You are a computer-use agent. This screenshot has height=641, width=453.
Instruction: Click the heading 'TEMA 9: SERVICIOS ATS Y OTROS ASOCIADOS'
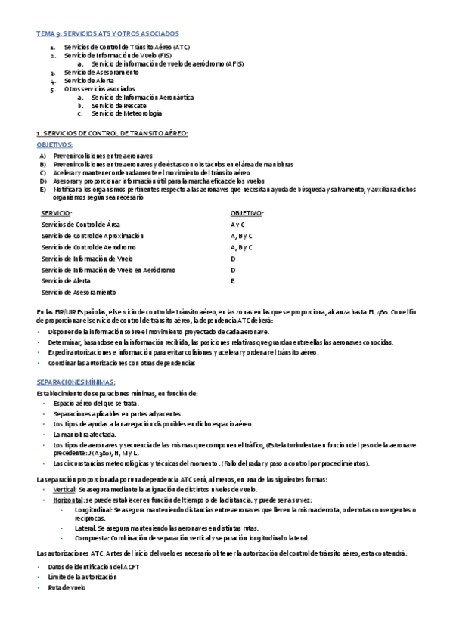pyautogui.click(x=107, y=34)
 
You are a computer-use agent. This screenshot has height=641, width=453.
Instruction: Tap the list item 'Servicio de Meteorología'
pyautogui.click(x=125, y=113)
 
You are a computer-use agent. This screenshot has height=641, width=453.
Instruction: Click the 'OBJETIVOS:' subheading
pyautogui.click(x=54, y=144)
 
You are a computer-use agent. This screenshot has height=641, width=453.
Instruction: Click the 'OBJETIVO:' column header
pyautogui.click(x=247, y=214)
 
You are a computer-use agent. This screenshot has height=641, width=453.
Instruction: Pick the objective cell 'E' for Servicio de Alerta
pyautogui.click(x=233, y=280)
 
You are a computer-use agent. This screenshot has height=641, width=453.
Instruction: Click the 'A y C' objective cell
pyautogui.click(x=237, y=225)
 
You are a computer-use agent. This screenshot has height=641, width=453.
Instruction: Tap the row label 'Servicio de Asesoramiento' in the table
pyautogui.click(x=79, y=292)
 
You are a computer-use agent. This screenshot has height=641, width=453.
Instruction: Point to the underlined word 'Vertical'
pyautogui.click(x=65, y=469)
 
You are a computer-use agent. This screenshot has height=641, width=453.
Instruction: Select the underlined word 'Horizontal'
pyautogui.click(x=69, y=480)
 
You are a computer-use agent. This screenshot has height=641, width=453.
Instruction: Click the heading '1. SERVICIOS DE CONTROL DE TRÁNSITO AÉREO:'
pyautogui.click(x=112, y=133)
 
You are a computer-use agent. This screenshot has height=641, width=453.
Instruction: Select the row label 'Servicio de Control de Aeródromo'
pyautogui.click(x=88, y=247)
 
